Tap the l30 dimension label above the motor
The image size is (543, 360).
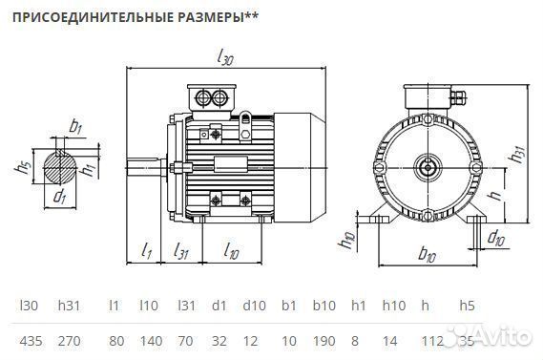(x=225, y=59)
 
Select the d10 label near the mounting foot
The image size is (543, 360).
(x=496, y=237)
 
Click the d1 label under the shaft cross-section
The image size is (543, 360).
(x=59, y=198)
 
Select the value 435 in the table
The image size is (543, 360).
(x=31, y=339)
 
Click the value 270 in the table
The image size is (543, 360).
(x=69, y=339)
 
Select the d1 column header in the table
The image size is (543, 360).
(x=219, y=306)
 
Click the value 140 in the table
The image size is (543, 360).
(x=148, y=339)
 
